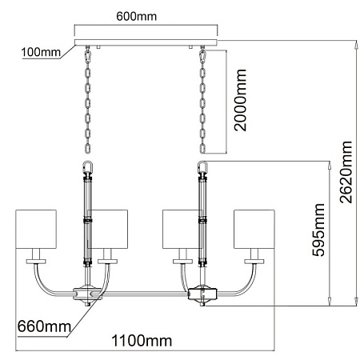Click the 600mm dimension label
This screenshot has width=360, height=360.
136,17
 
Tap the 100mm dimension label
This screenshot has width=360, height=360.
41,52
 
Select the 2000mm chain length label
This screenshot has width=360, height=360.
240,100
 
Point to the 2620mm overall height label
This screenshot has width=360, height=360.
346,172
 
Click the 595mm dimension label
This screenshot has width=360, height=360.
318,230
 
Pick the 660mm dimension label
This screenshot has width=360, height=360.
44,326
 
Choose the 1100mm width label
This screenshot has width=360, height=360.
142,341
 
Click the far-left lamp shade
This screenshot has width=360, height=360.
36,229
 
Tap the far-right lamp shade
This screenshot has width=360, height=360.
254,229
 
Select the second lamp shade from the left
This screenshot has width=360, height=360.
108,229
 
